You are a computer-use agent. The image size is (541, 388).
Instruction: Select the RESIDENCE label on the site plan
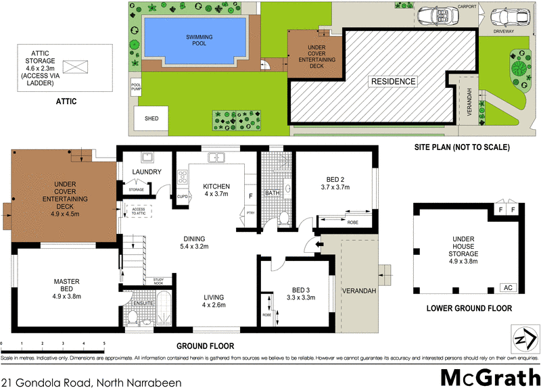pos(392,82)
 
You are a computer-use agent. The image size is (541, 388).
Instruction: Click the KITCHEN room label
pos(216,191)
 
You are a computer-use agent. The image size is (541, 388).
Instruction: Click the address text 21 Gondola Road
pos(91,383)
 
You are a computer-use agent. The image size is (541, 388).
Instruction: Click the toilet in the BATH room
pos(284,218)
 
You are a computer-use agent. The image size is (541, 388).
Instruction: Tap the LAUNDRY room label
pos(145,172)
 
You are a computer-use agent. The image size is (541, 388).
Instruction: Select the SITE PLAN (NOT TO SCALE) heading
pos(461,147)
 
